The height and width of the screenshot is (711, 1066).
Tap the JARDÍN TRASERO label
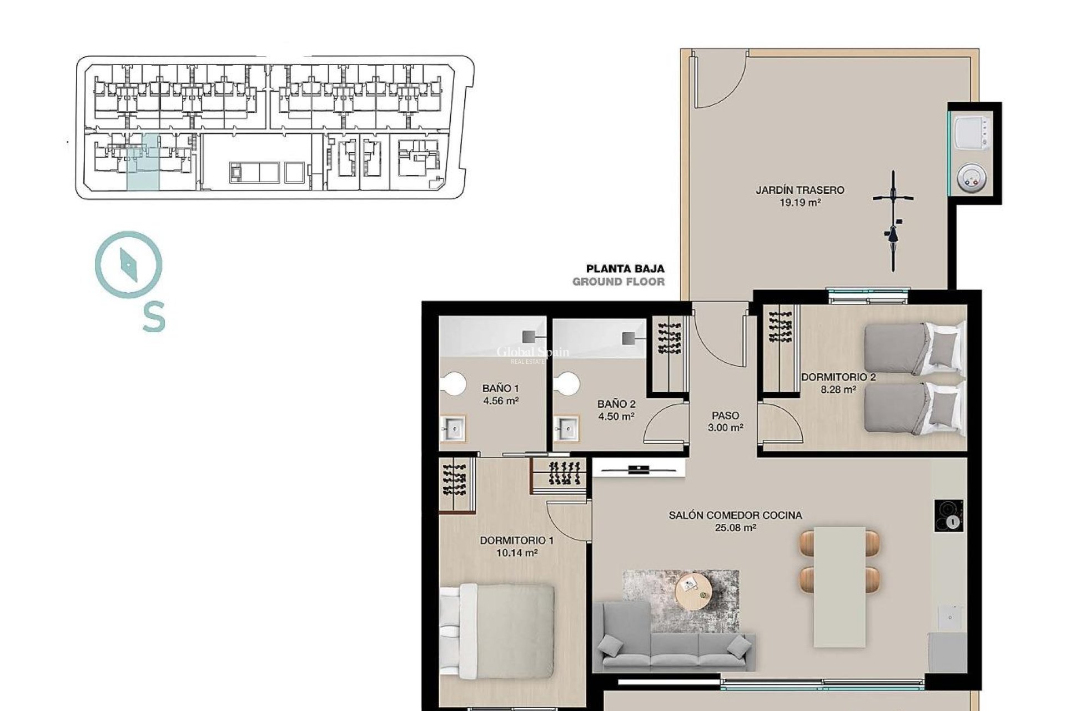pos(799,190)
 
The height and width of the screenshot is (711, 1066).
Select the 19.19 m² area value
pos(799,203)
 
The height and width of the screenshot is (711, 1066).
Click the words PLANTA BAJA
pos(625,269)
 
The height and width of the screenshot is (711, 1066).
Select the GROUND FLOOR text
pos(618,282)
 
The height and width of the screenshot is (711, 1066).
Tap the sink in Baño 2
pos(566,429)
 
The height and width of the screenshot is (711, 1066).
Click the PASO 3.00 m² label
pos(725,421)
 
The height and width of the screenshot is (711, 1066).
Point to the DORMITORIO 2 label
pos(838,377)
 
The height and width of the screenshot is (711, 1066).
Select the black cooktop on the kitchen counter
pos(948,516)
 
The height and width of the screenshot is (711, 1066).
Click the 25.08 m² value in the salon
pos(735,528)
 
